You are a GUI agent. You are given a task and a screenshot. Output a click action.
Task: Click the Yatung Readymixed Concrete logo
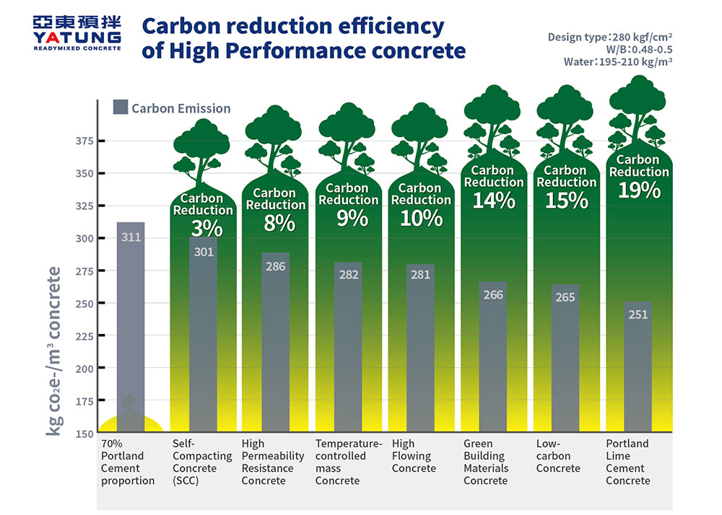(77, 32)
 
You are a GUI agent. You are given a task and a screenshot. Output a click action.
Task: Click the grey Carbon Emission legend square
(121, 108)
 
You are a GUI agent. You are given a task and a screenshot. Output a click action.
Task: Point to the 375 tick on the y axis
(84, 141)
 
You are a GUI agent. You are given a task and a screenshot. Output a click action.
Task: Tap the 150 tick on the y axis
(84, 433)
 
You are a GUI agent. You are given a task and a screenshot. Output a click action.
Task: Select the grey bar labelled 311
(131, 325)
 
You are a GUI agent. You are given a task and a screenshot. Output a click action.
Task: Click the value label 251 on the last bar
(638, 314)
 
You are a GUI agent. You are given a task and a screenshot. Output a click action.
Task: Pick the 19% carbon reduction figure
(639, 190)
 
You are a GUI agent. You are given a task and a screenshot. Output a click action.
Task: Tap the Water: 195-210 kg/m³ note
(618, 62)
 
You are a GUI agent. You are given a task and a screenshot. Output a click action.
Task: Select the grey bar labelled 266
(493, 356)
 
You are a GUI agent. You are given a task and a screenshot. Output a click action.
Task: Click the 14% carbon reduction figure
(494, 201)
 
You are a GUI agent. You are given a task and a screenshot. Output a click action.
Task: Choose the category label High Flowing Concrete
(414, 456)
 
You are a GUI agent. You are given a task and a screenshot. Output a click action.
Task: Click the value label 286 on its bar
(275, 266)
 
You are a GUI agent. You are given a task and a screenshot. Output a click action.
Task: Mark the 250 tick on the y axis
(84, 303)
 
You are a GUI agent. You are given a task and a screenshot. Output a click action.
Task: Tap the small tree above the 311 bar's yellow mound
(128, 402)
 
